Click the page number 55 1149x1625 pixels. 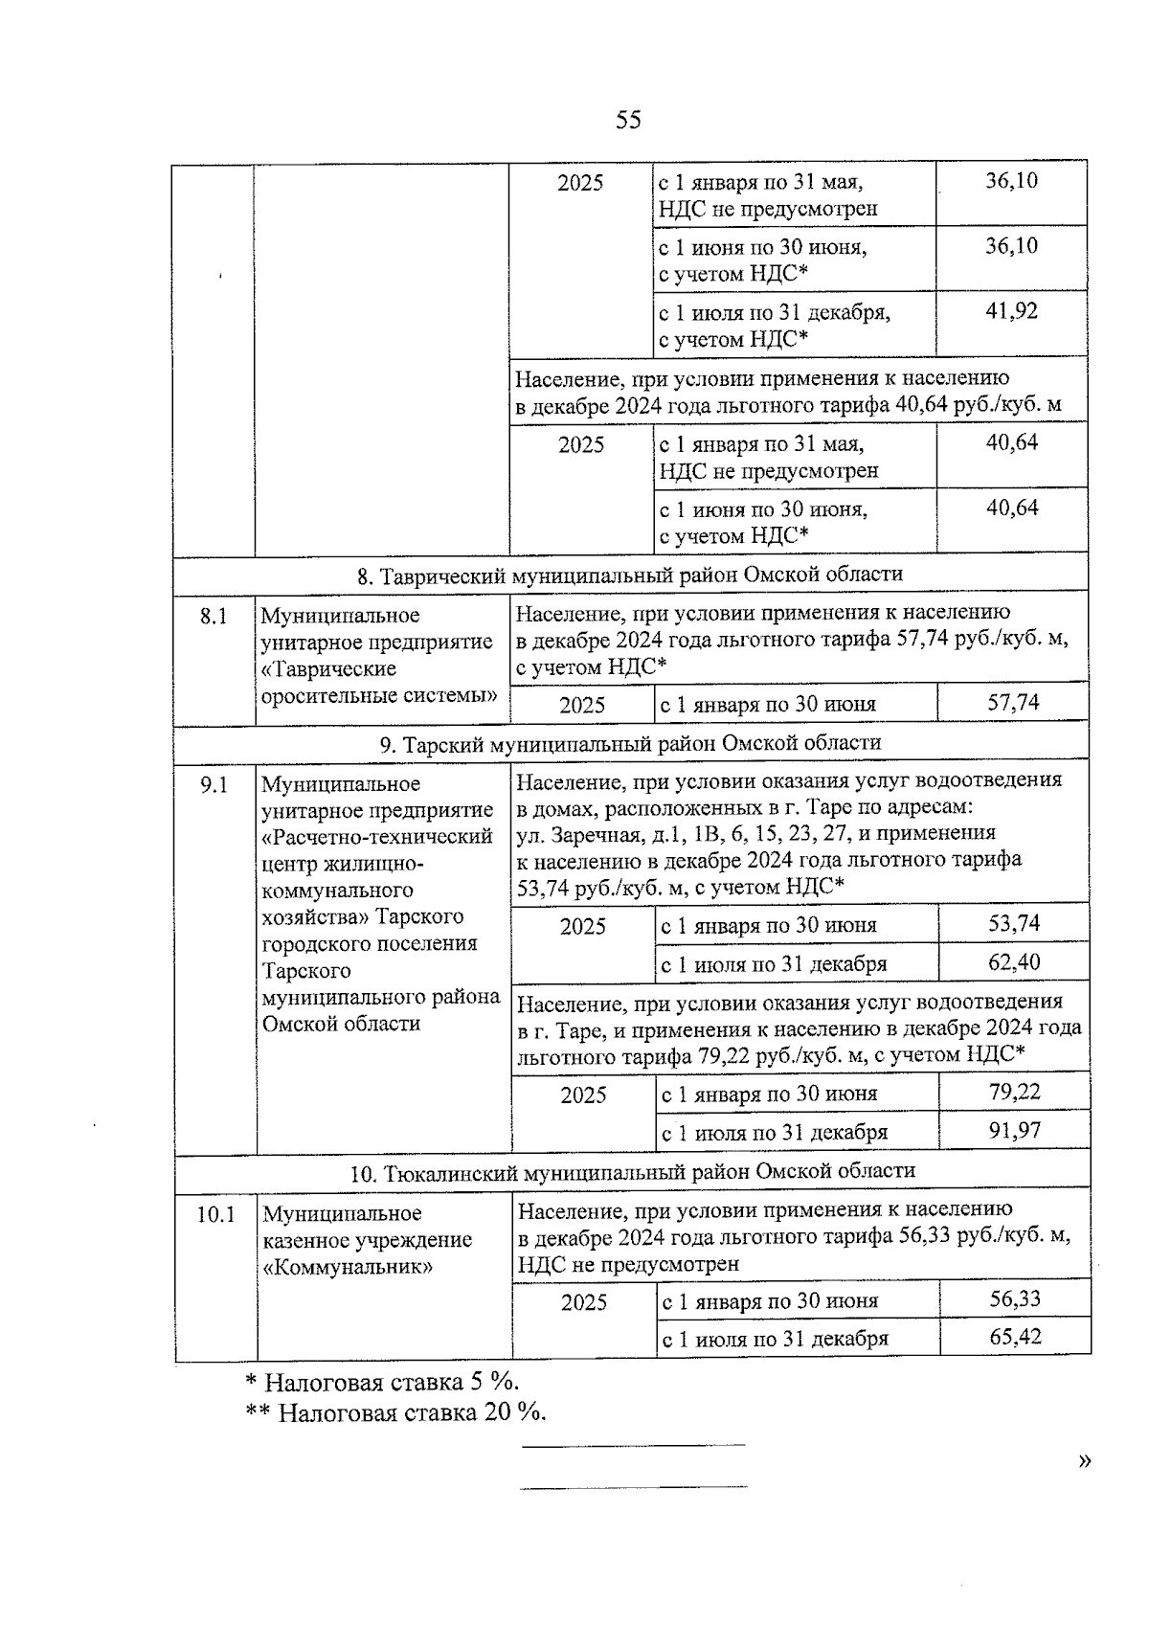coord(628,121)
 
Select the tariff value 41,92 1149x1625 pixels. coord(1012,312)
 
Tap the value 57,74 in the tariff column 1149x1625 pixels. coord(1013,704)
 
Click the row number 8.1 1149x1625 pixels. coord(214,617)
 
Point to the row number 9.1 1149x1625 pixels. coord(214,785)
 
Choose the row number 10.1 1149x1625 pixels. coord(215,1215)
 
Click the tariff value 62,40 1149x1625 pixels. coord(1014,962)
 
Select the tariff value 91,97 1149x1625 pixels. coord(1015,1132)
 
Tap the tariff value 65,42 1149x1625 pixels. coord(1015,1337)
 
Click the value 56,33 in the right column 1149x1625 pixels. coord(1015,1299)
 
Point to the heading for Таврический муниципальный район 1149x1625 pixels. coord(629,576)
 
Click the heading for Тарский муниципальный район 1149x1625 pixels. coord(630,744)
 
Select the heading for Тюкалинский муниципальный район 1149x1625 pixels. coord(632,1171)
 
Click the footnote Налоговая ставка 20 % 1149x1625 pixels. coord(395,1412)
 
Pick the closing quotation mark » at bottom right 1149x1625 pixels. coord(1084,1461)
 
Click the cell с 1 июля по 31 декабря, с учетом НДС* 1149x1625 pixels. coord(774,326)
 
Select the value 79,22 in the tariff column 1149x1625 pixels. coord(1015,1093)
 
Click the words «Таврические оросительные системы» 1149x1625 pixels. coord(378,682)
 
